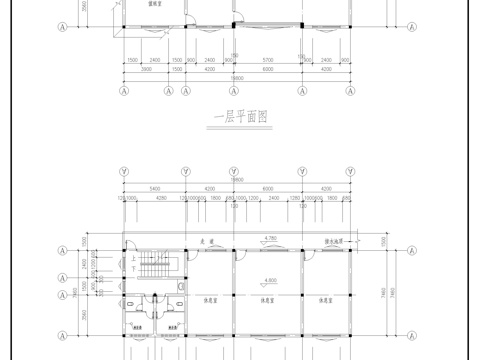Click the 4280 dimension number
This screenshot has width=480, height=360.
click(x=160, y=198)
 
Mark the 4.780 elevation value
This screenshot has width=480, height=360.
click(x=269, y=238)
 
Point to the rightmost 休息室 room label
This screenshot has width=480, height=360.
click(x=325, y=299)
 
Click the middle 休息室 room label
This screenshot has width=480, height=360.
click(x=268, y=299)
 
